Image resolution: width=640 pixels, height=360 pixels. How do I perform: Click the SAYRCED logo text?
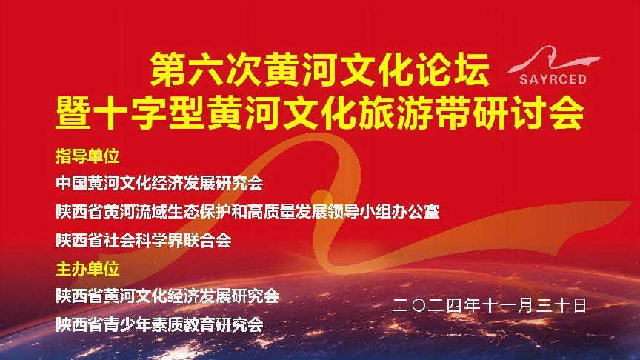pyautogui.click(x=553, y=79)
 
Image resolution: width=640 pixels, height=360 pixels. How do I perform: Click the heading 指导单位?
pyautogui.click(x=87, y=156)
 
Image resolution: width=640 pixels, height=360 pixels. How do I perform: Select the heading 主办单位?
pyautogui.click(x=87, y=269)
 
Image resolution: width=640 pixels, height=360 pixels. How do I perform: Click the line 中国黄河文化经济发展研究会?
pyautogui.click(x=159, y=183)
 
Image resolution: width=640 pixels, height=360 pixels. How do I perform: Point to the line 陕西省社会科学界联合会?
pyautogui.click(x=144, y=240)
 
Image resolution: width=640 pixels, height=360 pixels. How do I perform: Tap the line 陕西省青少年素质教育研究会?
pyautogui.click(x=159, y=325)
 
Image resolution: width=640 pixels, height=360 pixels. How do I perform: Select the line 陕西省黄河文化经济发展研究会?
pyautogui.click(x=167, y=296)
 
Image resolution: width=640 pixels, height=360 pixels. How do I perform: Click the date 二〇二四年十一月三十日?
pyautogui.click(x=490, y=305)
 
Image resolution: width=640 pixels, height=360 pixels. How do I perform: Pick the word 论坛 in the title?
pyautogui.click(x=453, y=70)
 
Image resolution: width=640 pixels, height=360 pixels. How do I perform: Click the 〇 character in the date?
pyautogui.click(x=419, y=306)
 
